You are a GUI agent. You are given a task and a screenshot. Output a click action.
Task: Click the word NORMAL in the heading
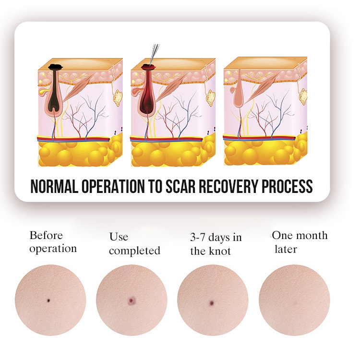[x=54, y=186]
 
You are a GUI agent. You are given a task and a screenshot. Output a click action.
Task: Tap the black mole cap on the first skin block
[x=55, y=67]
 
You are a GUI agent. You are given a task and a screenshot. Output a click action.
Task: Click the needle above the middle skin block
[x=154, y=54]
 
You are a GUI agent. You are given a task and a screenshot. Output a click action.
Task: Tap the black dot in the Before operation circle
[x=48, y=300]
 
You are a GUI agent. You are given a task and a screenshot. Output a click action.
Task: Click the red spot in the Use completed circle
[x=132, y=300]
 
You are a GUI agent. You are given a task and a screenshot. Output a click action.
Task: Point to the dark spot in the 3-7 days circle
[x=212, y=303]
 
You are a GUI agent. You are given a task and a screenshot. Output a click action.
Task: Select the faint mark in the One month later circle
[x=295, y=302]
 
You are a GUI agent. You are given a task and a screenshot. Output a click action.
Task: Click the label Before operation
[x=53, y=242]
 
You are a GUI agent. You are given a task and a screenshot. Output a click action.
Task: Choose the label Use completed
[x=134, y=244]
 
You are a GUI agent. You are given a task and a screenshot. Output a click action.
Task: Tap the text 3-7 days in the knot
[x=216, y=244]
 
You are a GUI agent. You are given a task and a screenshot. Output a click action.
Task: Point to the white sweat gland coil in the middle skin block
[x=211, y=97]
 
